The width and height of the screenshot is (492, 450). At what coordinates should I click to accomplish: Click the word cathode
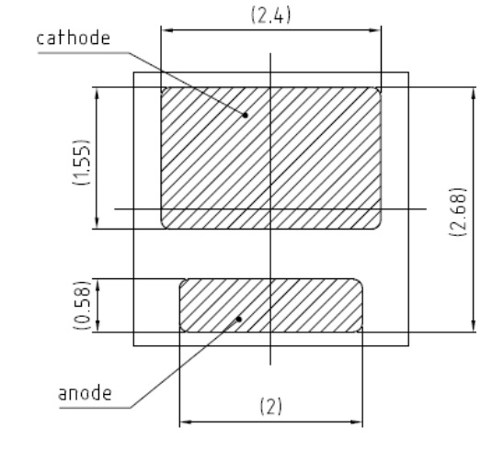point(74,39)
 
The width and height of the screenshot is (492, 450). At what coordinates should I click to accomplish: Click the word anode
point(85,394)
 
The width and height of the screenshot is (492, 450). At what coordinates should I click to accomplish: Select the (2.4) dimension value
point(270,15)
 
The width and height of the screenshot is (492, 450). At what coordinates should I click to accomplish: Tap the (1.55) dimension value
point(82,162)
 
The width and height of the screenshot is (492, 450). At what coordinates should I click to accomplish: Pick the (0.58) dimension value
point(82,305)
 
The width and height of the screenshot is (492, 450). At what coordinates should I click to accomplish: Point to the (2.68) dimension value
point(458,212)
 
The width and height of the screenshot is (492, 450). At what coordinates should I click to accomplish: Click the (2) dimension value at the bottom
point(271,407)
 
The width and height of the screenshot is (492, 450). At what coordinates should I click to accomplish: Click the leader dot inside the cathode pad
point(246,116)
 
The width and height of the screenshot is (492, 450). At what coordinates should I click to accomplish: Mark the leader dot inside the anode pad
point(239,320)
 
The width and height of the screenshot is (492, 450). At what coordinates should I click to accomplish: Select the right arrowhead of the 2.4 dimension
point(374,30)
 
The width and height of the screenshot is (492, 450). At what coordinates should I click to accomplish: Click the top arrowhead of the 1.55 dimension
point(97,94)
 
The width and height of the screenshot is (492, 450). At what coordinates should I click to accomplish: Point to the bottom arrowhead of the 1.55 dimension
point(97,222)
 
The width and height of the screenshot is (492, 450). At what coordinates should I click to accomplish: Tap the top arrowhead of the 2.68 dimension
point(474,94)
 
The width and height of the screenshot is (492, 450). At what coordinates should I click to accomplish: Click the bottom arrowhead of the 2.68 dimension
point(474,325)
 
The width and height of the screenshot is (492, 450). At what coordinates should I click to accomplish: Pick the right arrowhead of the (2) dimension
point(356,422)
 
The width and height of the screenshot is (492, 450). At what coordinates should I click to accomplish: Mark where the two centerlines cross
point(270,208)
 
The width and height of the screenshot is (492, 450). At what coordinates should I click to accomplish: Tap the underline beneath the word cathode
point(83,52)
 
